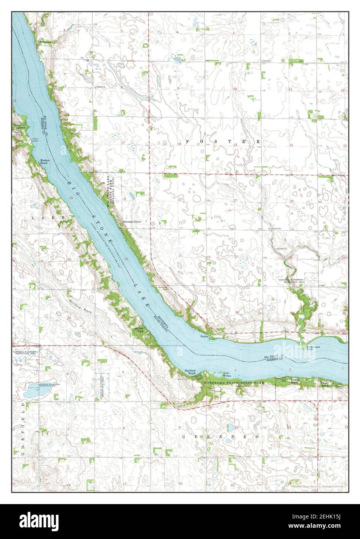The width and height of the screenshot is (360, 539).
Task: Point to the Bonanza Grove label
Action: tap(132, 222)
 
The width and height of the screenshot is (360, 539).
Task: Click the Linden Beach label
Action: tap(295, 382)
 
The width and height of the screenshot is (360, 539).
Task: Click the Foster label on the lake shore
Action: tap(204, 337)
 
